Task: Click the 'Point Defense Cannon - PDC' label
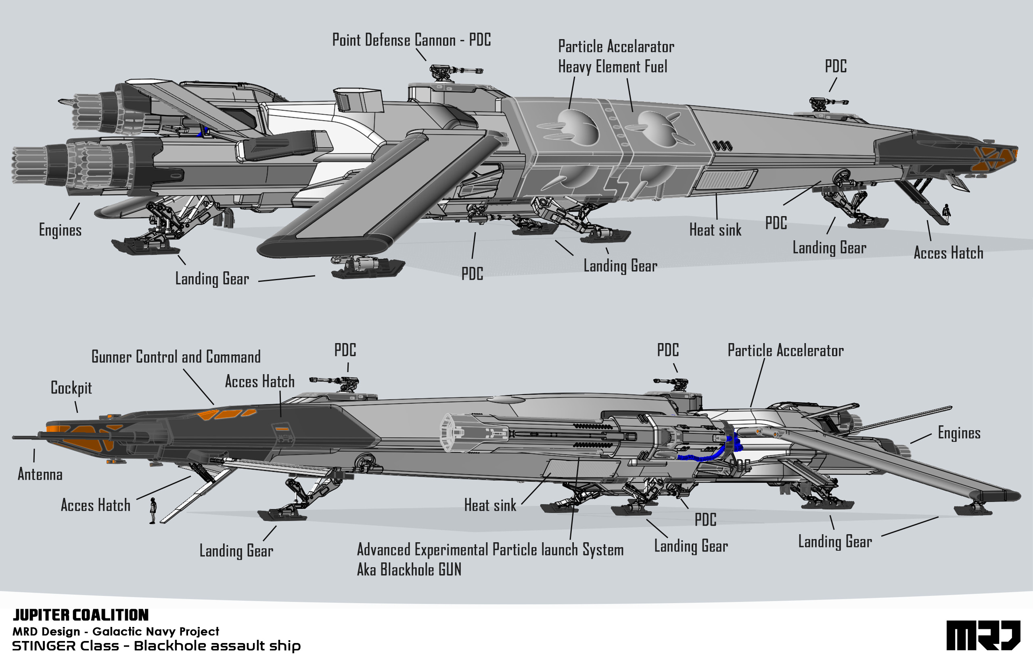tap(411, 40)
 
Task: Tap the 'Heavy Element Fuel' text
tap(612, 67)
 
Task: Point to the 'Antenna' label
tap(40, 474)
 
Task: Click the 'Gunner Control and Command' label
tap(176, 357)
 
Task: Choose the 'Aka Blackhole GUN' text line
tap(409, 570)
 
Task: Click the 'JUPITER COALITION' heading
tap(81, 615)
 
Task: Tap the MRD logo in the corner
tap(983, 635)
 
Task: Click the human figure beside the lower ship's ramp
tap(152, 510)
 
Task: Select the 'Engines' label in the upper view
tap(60, 230)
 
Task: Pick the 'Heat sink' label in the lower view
tap(490, 505)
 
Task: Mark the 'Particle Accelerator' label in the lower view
tap(785, 350)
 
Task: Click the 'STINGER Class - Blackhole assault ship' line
tap(156, 646)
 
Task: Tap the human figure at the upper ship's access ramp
tap(947, 212)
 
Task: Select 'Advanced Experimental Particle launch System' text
tap(490, 550)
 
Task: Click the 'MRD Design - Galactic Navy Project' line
tap(116, 631)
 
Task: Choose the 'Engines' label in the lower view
tap(959, 433)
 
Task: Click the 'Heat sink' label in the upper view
tap(715, 230)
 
